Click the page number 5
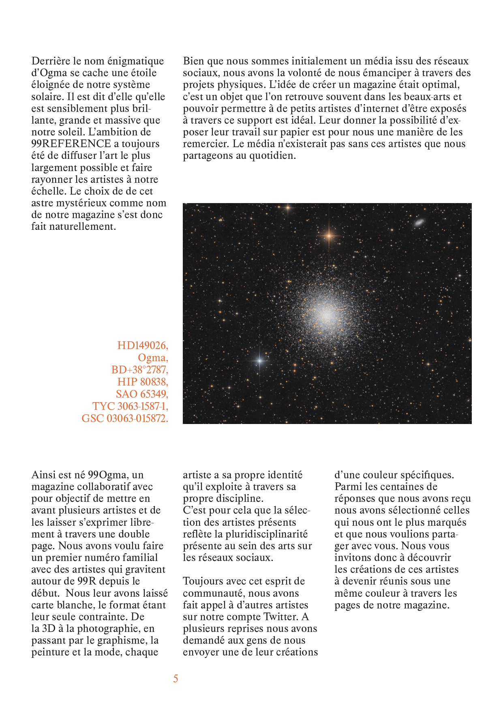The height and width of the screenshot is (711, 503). click(x=176, y=679)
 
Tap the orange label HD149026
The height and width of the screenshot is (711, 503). click(x=142, y=345)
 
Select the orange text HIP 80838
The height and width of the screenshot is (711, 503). click(x=142, y=382)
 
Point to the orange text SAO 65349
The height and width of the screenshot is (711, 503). click(x=141, y=394)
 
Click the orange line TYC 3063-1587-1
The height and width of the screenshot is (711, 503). click(x=130, y=406)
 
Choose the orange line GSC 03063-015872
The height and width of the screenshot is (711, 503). click(x=124, y=418)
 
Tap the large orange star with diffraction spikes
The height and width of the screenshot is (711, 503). click(x=329, y=235)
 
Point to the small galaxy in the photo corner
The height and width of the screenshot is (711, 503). click(x=419, y=222)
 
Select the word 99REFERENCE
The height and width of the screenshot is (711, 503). click(x=71, y=144)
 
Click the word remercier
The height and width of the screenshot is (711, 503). click(x=205, y=144)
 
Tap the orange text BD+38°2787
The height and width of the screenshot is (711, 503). click(x=139, y=370)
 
